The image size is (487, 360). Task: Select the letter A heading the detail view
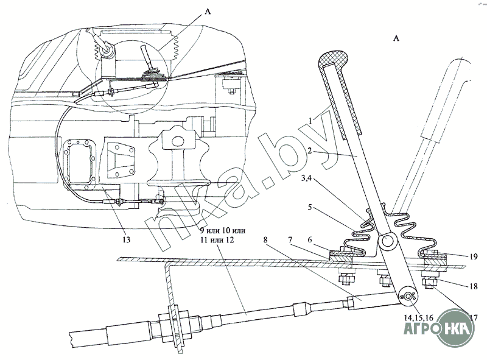(x=396, y=38)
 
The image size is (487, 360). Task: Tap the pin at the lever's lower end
(x=410, y=296)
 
